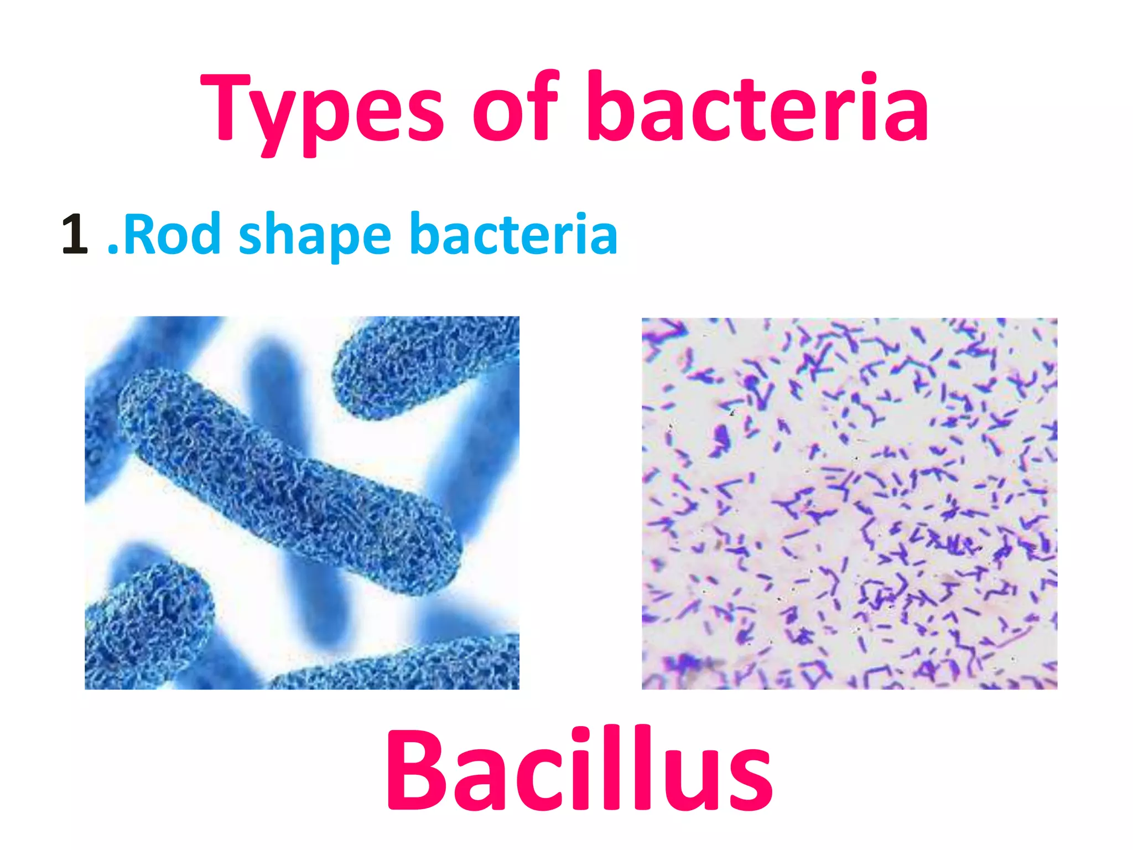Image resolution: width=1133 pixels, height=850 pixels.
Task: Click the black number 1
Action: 75,235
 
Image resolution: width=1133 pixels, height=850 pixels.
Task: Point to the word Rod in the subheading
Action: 171,235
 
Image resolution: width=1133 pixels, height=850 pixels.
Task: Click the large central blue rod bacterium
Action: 288,481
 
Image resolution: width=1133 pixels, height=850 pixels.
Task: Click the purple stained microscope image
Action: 849,504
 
